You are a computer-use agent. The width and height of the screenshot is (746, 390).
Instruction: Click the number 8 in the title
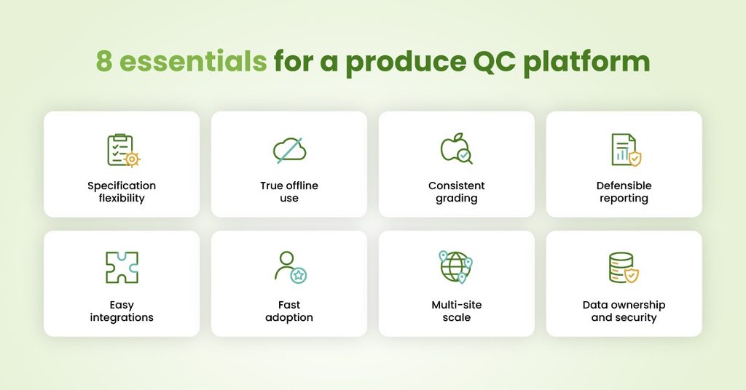point(104,61)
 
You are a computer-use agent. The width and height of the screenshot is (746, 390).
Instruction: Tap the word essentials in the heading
point(192,61)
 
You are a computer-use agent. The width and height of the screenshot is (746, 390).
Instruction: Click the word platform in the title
point(586,63)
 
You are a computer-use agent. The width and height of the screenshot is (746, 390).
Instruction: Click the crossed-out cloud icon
point(289,150)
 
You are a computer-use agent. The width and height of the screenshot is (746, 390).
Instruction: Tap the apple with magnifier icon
point(456,148)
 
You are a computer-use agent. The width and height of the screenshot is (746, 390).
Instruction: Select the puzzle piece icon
point(122,268)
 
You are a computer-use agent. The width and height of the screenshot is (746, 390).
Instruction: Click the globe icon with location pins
point(456,267)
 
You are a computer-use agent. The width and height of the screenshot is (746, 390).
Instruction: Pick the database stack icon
point(624,268)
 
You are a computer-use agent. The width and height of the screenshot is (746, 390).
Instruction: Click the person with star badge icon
point(290,268)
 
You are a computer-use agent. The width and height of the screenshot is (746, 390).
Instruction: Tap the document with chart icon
point(626,150)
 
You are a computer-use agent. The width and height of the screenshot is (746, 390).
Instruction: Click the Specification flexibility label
point(122,192)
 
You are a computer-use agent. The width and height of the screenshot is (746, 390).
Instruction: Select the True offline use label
point(289,192)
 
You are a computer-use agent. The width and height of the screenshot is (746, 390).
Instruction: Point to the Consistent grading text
point(457,192)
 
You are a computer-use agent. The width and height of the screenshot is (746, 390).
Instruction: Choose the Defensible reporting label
point(624,192)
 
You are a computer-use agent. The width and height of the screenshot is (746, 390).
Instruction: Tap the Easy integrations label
point(122,311)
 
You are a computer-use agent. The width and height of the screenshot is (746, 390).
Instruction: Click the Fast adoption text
point(289,311)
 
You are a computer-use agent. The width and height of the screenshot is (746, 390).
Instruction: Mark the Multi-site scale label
point(457,311)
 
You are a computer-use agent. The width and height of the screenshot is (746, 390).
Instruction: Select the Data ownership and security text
point(624,311)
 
